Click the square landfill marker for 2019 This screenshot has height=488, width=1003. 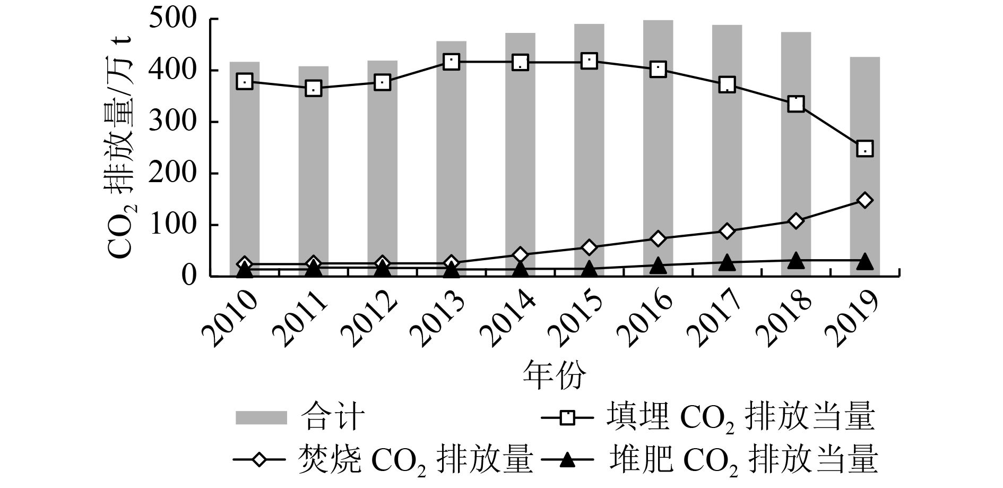(865, 149)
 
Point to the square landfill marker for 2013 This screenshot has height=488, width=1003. (451, 62)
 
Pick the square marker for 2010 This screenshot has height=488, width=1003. (245, 81)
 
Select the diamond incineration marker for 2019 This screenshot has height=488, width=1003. (865, 200)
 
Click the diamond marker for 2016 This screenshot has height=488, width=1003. (658, 238)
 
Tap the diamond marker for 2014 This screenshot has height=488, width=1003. (520, 255)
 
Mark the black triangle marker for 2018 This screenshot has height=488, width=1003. (796, 261)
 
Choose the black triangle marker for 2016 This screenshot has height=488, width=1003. (658, 265)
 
